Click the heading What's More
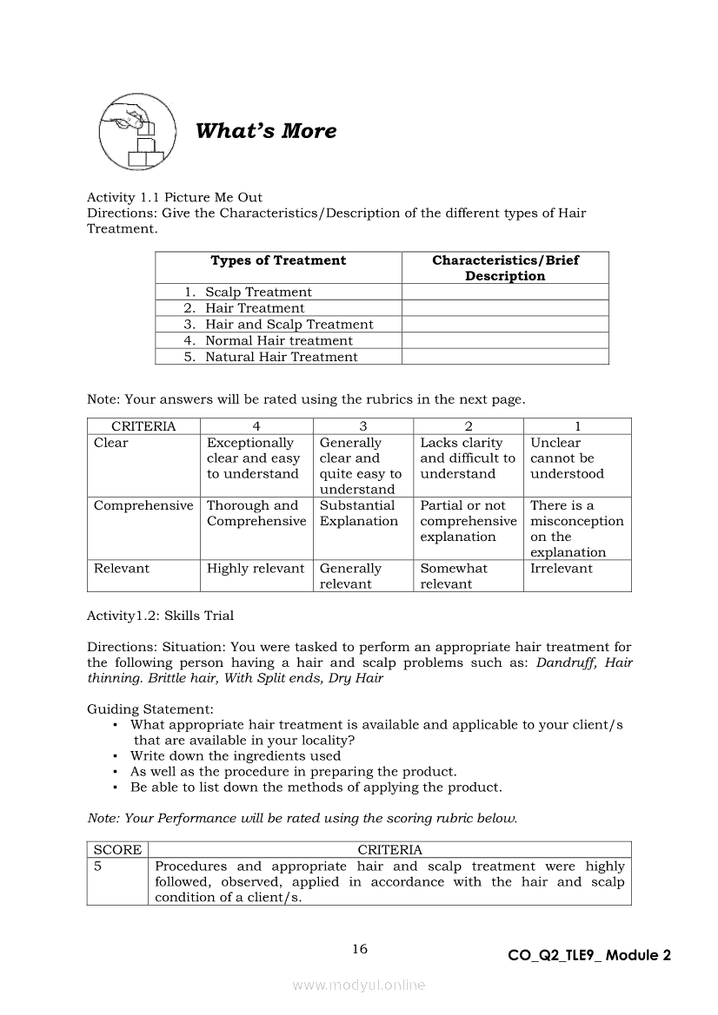[265, 131]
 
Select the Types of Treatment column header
[278, 260]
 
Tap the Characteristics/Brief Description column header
[505, 267]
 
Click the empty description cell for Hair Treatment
[505, 308]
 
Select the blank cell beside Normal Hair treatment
[505, 340]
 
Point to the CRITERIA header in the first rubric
[143, 426]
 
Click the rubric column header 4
[256, 426]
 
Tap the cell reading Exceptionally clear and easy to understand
[254, 458]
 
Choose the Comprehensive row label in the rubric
[143, 505]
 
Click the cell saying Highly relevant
[256, 569]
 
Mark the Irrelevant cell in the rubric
[562, 569]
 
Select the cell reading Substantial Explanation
[358, 513]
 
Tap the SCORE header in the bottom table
[117, 850]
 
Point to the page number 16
[359, 949]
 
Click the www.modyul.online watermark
[359, 985]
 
